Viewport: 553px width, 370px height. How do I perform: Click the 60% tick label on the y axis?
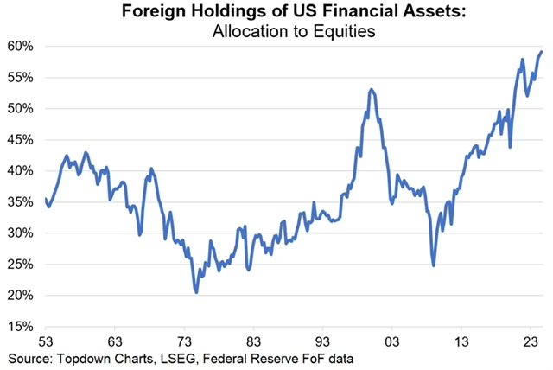(x=20, y=46)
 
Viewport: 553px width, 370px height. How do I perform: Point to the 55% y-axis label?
(x=20, y=77)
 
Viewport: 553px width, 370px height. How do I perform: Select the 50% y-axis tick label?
(x=20, y=108)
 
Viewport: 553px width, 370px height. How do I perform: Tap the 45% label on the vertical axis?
(x=20, y=139)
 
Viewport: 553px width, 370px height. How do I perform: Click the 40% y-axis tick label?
(x=20, y=170)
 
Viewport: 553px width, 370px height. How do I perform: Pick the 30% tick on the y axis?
(x=20, y=233)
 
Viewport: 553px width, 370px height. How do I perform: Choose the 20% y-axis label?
(x=20, y=295)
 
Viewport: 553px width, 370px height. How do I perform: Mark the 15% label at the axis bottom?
(x=20, y=327)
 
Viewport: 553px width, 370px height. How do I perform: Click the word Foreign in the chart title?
(x=156, y=14)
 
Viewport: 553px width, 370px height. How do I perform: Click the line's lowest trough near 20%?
(x=197, y=292)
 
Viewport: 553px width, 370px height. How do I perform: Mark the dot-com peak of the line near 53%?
(x=371, y=89)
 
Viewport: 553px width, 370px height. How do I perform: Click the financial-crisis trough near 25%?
(x=433, y=265)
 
